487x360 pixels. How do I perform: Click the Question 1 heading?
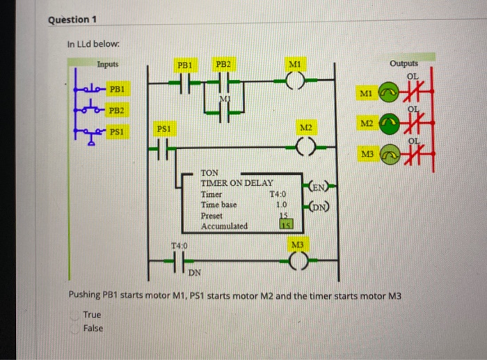[72, 19]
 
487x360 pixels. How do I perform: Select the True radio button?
[74, 315]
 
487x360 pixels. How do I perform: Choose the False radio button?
[74, 328]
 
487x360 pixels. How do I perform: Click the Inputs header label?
[107, 64]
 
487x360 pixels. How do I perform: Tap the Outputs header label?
[404, 63]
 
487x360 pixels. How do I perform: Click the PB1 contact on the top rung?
[185, 83]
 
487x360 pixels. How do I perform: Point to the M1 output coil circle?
[295, 83]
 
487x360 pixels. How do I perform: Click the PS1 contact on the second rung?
[163, 147]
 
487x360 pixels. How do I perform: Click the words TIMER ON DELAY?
[237, 182]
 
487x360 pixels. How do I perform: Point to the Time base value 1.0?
[281, 205]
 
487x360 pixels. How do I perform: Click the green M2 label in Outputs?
[368, 123]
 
